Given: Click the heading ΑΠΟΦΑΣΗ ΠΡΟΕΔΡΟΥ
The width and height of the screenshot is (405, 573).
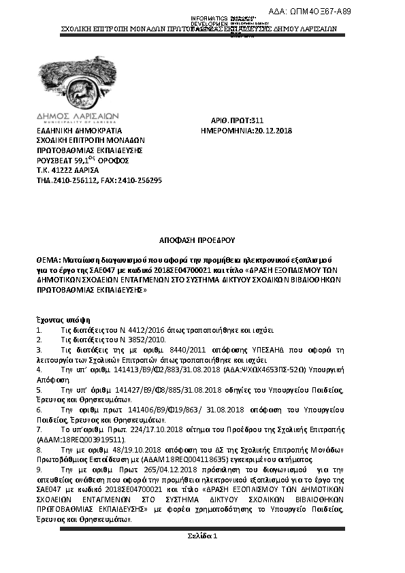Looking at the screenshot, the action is point(201,240).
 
